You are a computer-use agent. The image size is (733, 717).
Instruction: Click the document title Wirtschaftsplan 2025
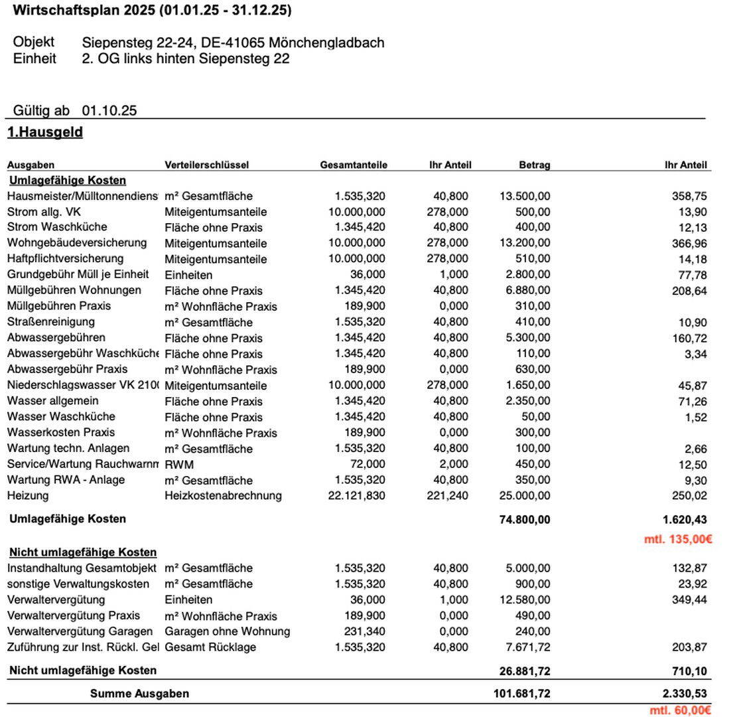152,11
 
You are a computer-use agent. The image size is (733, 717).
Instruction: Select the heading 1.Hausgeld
45,132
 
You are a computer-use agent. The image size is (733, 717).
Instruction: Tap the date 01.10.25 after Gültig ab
109,111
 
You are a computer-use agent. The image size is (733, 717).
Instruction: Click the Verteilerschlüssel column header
207,165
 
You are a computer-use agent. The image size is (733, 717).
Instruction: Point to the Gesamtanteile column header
354,165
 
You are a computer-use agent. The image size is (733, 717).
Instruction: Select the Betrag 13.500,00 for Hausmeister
525,196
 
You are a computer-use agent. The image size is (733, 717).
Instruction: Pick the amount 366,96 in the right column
689,244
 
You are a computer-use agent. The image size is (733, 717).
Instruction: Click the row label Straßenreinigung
51,322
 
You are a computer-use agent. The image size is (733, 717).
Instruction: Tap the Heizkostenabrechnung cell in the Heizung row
223,496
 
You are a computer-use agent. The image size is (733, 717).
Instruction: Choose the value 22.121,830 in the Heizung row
357,496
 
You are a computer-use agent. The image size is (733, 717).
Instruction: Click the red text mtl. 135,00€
678,539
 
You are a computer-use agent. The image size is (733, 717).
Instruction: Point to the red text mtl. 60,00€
681,710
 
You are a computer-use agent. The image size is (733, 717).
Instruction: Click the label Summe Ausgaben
139,694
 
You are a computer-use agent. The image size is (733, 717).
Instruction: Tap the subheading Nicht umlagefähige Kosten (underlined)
83,552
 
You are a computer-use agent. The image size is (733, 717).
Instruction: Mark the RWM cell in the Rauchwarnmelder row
179,465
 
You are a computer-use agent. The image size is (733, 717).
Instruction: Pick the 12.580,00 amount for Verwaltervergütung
525,600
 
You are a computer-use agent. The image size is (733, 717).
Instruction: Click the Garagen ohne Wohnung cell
228,631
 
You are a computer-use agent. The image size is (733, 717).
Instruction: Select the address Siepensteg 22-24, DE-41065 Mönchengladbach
233,42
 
